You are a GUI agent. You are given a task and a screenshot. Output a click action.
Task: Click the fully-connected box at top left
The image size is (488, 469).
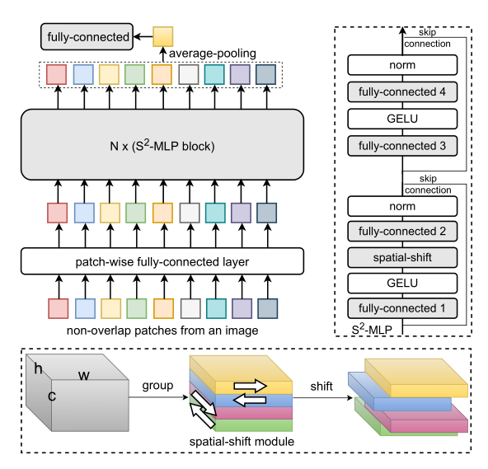(88, 37)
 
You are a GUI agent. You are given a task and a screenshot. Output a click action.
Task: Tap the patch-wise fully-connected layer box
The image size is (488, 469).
(162, 262)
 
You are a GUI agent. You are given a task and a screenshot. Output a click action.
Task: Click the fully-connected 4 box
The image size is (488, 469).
(402, 92)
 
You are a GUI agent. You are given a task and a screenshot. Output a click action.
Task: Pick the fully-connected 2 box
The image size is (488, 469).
(402, 231)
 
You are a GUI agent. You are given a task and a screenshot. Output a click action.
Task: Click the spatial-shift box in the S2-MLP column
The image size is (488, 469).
(402, 257)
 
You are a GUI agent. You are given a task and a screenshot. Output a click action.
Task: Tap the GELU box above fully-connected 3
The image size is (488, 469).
(402, 120)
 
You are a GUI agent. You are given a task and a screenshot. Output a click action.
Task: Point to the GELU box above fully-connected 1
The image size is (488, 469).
(402, 284)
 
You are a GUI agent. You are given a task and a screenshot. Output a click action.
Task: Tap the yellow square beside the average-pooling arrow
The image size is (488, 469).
(163, 36)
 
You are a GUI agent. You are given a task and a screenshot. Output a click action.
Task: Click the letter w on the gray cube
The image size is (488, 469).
(83, 376)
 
